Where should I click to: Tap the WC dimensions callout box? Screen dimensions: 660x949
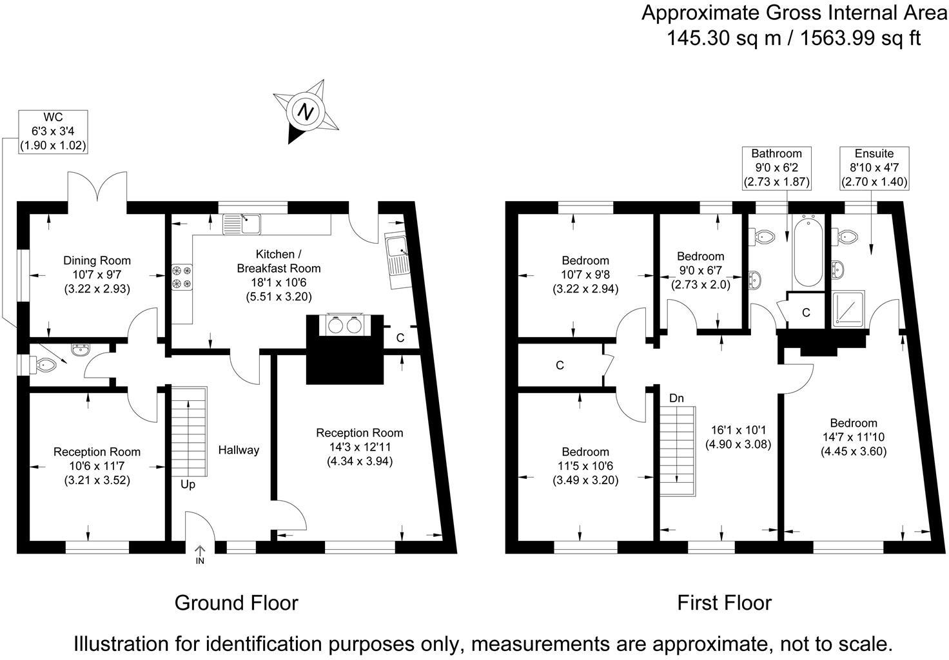53,131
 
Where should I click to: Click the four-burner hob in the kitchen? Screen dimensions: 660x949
181,277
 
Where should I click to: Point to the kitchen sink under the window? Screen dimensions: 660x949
242,224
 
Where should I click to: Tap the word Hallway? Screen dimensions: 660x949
239,450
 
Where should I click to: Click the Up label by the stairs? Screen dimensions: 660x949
188,484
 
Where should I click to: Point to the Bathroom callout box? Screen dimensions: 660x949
776,168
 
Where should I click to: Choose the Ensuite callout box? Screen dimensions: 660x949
874,168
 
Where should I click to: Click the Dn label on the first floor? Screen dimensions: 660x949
676,398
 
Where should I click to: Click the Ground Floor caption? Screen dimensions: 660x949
237,603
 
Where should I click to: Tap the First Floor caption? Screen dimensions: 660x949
724,603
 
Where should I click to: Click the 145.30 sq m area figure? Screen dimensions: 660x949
724,38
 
